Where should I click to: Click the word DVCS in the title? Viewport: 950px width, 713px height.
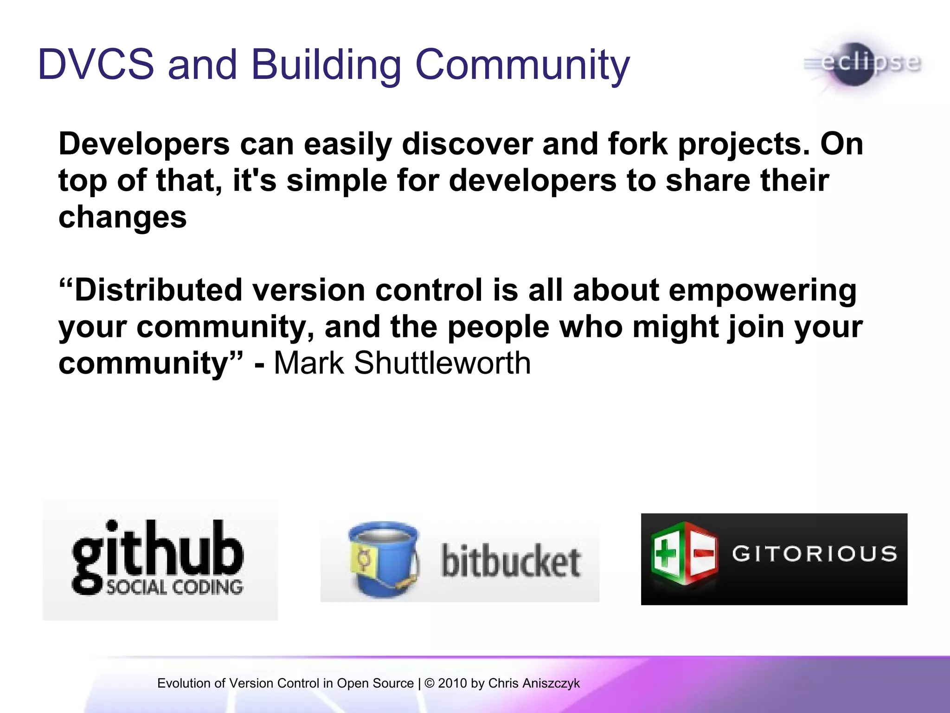(x=95, y=65)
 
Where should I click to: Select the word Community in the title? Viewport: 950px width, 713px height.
(x=522, y=65)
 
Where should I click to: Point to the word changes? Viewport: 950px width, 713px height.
(x=122, y=217)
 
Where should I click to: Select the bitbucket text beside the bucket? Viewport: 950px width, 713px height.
(x=510, y=562)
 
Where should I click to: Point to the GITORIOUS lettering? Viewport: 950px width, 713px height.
(x=814, y=554)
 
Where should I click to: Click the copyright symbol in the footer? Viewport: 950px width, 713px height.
(x=430, y=683)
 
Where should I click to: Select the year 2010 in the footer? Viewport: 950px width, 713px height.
(x=452, y=683)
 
